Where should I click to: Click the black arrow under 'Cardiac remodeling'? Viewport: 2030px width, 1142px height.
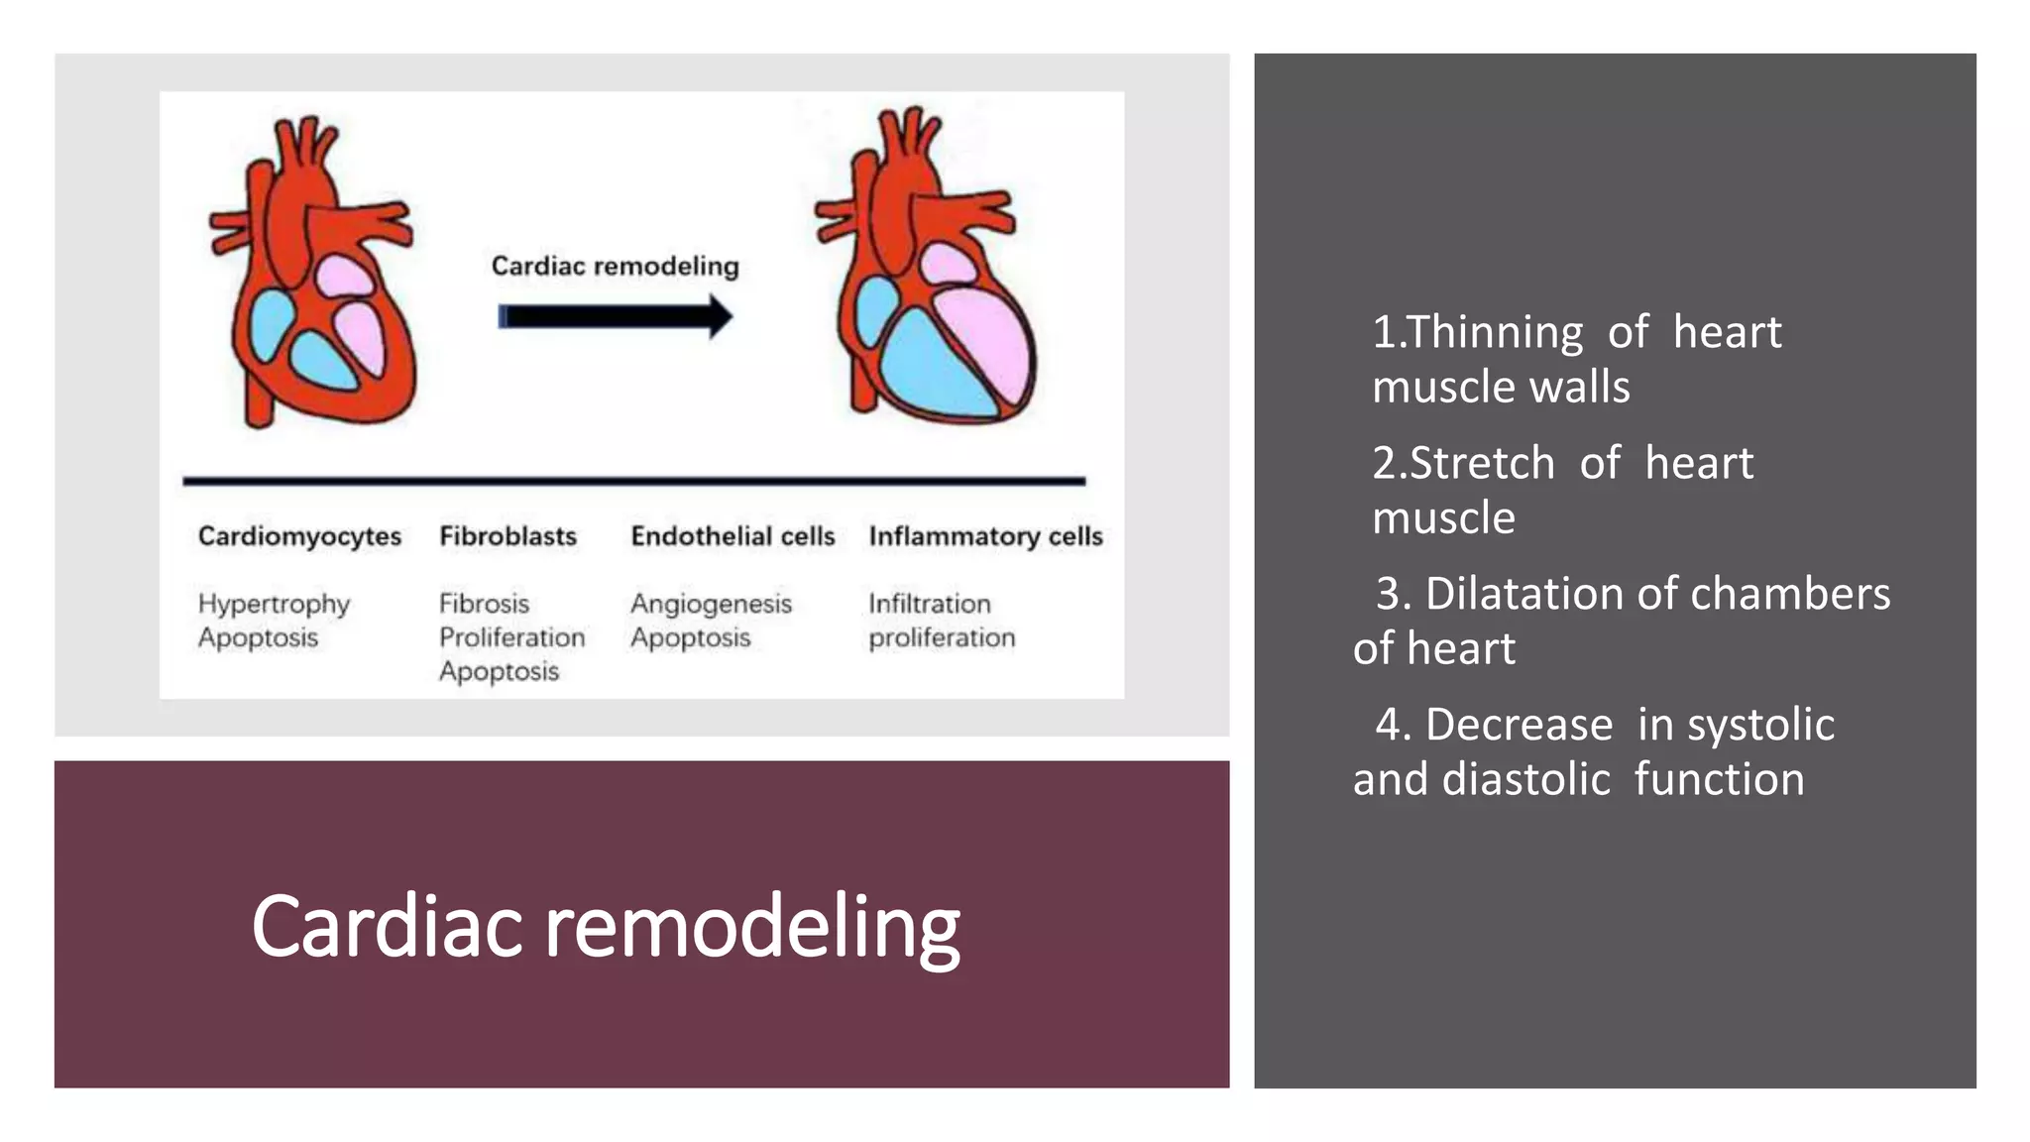click(615, 316)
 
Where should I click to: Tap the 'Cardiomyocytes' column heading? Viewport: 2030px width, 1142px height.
click(299, 536)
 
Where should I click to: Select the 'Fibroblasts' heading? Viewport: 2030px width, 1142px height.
click(507, 536)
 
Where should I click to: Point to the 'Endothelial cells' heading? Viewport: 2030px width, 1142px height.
click(733, 536)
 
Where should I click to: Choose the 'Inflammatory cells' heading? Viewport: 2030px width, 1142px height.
click(985, 536)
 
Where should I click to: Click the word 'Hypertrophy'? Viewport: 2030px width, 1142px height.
click(274, 604)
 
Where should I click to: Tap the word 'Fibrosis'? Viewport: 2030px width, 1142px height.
click(484, 604)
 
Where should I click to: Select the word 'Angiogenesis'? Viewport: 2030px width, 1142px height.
click(711, 604)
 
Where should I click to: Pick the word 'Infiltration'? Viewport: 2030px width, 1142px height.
click(929, 604)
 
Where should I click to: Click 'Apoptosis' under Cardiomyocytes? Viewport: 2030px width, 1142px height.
click(258, 637)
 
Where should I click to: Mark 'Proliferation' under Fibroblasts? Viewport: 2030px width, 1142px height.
click(511, 637)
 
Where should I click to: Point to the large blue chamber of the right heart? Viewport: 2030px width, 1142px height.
click(927, 367)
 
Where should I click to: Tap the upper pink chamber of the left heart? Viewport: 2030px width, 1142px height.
click(344, 276)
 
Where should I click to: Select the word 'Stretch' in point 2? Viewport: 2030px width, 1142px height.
click(1482, 463)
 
